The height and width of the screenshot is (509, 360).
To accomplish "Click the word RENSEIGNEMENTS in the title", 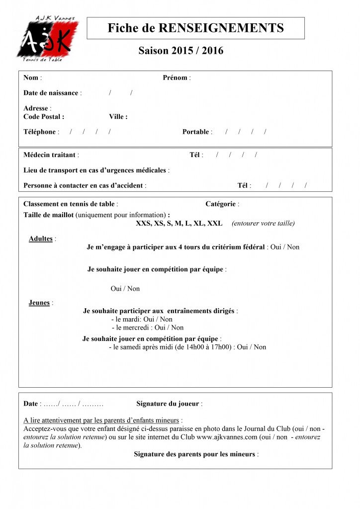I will pos(221,28).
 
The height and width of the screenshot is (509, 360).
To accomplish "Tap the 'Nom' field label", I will pos(31,78).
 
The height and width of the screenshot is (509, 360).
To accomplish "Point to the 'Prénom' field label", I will pos(175,78).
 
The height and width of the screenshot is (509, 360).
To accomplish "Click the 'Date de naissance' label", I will pos(51,93).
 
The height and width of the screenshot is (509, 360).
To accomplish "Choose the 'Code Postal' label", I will pos(43,117).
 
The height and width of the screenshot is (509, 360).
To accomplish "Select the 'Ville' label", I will pos(117,117).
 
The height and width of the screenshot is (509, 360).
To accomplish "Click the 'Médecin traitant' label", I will pos(49,155).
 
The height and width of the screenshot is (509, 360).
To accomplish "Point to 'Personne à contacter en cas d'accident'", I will pos(84,185).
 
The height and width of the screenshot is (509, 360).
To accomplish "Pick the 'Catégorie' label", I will pos(220,204).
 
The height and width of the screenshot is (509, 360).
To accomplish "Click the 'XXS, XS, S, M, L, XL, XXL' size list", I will pos(179,224).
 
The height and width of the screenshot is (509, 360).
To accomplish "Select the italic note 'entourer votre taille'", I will pos(263,224).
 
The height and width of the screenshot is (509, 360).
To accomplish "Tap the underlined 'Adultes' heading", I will pos(41,239).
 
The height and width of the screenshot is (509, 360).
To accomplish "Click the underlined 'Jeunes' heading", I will pos(39,303).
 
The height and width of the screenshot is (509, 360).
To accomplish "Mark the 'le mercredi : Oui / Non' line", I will pos(147,328).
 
